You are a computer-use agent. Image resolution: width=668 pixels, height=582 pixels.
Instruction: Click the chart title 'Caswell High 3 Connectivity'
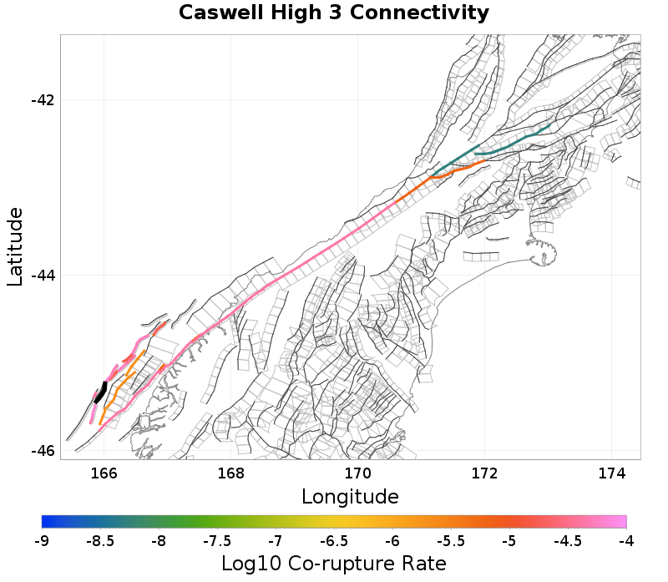[334, 13]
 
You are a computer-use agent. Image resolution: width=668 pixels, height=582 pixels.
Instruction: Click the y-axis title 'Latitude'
[15, 248]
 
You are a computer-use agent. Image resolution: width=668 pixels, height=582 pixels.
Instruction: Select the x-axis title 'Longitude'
[350, 497]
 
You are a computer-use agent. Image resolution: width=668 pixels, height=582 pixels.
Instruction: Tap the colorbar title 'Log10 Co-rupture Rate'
[334, 563]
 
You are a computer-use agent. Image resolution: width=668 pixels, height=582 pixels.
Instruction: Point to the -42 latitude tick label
[43, 100]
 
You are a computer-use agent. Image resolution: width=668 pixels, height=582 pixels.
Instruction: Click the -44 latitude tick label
[43, 276]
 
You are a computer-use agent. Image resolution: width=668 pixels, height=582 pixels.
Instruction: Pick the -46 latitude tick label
[43, 451]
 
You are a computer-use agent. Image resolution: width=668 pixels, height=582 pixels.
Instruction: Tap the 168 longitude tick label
[230, 473]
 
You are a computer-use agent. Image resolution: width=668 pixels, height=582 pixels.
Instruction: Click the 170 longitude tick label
[358, 473]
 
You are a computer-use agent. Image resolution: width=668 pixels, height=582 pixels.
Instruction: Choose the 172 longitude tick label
[485, 473]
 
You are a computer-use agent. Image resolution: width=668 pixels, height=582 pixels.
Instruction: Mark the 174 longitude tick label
[612, 473]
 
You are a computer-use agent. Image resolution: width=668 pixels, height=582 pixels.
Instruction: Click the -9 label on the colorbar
[42, 541]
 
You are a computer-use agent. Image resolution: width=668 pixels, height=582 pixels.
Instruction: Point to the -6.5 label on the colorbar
[334, 541]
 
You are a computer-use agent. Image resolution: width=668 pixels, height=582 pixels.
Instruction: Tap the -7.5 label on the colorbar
[217, 541]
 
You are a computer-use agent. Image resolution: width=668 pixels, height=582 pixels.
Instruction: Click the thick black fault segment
[100, 392]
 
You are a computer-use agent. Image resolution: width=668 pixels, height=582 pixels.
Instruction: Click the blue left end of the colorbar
[46, 522]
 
